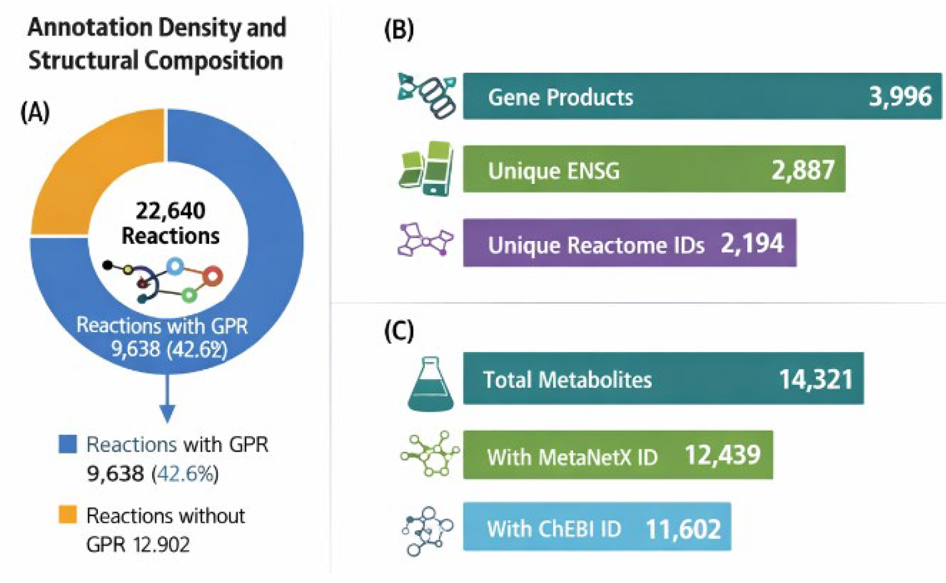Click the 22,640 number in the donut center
pos(170,211)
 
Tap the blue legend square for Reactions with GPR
pos(68,444)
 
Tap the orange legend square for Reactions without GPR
pos(68,514)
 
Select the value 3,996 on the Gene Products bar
pos(900,96)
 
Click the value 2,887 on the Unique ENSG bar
pos(803,170)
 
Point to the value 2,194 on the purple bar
pos(752,244)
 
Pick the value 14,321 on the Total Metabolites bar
pos(816,379)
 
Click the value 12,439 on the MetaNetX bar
pos(723,455)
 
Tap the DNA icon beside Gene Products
pos(427,95)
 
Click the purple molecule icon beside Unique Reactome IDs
pos(425,240)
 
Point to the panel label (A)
pos(35,112)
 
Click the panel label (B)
pos(399,30)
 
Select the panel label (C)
pos(399,331)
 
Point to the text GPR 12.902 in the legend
pos(138,545)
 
